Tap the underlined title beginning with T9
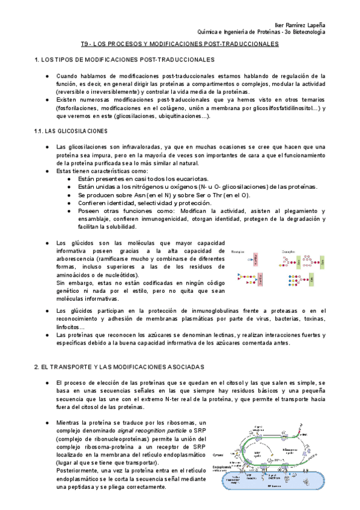pyautogui.click(x=180, y=45)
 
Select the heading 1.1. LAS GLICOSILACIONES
pyautogui.click(x=71, y=131)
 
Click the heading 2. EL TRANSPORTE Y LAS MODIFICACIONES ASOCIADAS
pyautogui.click(x=120, y=366)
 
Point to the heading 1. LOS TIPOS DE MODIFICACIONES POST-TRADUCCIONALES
pyautogui.click(x=124, y=60)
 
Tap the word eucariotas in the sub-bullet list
pyautogui.click(x=188, y=179)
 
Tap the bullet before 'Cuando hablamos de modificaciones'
pyautogui.click(x=47, y=76)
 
